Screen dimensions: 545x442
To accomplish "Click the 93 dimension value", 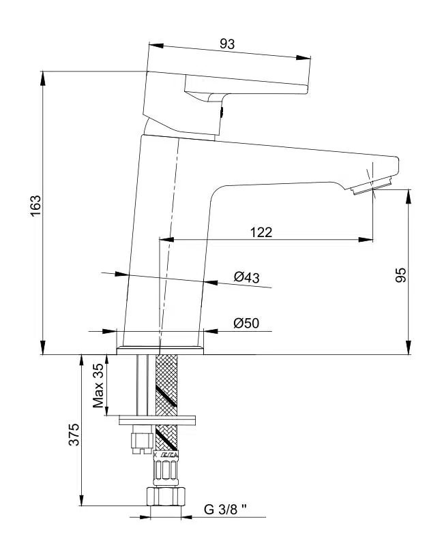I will (x=227, y=44).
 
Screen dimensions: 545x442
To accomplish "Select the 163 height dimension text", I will (x=35, y=206).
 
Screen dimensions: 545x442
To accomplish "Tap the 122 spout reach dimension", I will (x=261, y=232).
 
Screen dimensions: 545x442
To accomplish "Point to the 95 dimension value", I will (x=401, y=275).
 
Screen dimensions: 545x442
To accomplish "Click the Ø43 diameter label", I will (x=246, y=277).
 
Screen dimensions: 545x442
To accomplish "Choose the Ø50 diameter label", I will (x=246, y=323).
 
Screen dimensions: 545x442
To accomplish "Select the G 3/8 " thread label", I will (x=225, y=509).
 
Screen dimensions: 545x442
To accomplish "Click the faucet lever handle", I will (x=232, y=82).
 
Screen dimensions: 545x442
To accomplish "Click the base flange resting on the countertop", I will (x=160, y=350).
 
